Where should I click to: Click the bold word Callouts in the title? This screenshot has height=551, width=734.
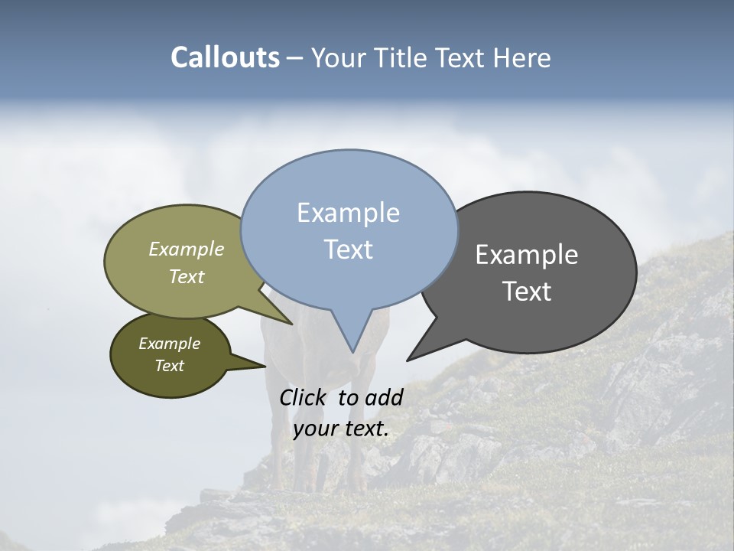pos(225,57)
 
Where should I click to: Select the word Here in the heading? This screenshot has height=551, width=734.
pos(521,57)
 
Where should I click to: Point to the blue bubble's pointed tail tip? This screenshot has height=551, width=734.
pos(352,351)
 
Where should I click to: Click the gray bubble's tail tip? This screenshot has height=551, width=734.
pos(408,359)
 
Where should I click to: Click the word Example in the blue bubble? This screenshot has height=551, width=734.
pos(348,213)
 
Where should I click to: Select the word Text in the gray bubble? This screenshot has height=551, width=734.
pos(527,292)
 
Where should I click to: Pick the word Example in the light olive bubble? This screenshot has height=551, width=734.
pos(187,249)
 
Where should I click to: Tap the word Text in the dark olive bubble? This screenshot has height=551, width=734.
pos(169,366)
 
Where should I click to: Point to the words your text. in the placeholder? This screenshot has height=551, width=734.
pos(341,429)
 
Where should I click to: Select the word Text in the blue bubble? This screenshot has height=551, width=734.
pos(348,249)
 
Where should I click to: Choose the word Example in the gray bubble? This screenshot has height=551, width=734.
pos(527,255)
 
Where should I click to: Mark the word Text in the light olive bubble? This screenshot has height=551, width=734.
pos(187,276)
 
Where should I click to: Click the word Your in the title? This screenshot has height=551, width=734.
pos(336,57)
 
